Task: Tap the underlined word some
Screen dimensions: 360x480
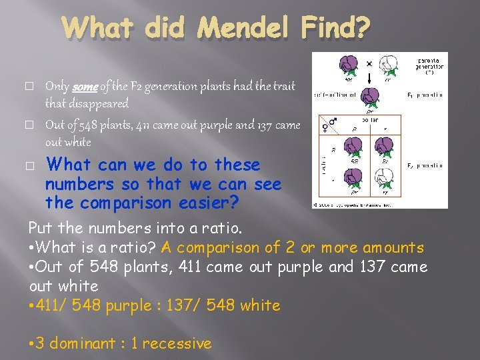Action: point(83,87)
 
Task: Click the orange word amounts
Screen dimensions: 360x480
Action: point(393,247)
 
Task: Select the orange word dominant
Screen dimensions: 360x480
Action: point(85,343)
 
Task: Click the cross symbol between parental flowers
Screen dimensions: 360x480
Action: point(369,64)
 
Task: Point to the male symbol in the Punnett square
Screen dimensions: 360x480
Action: point(333,124)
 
